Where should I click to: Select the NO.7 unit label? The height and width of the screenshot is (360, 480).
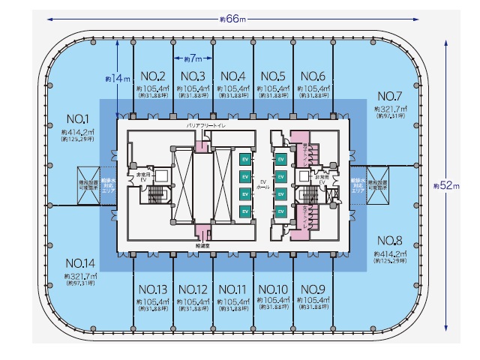click(x=391, y=96)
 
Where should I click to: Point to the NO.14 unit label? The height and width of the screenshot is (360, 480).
click(x=79, y=264)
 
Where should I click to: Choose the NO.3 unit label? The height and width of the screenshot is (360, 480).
click(x=193, y=76)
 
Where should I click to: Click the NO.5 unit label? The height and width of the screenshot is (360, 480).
click(x=271, y=76)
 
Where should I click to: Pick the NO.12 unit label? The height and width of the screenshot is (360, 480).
click(x=193, y=289)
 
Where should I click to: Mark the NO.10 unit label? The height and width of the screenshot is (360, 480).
click(x=272, y=289)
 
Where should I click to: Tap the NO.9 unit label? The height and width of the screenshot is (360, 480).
click(x=312, y=289)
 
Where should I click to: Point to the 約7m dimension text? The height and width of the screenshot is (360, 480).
click(x=193, y=58)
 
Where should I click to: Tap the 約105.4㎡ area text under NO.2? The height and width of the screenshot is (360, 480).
click(x=153, y=88)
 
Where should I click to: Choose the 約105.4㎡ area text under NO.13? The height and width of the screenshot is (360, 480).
click(x=153, y=301)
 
